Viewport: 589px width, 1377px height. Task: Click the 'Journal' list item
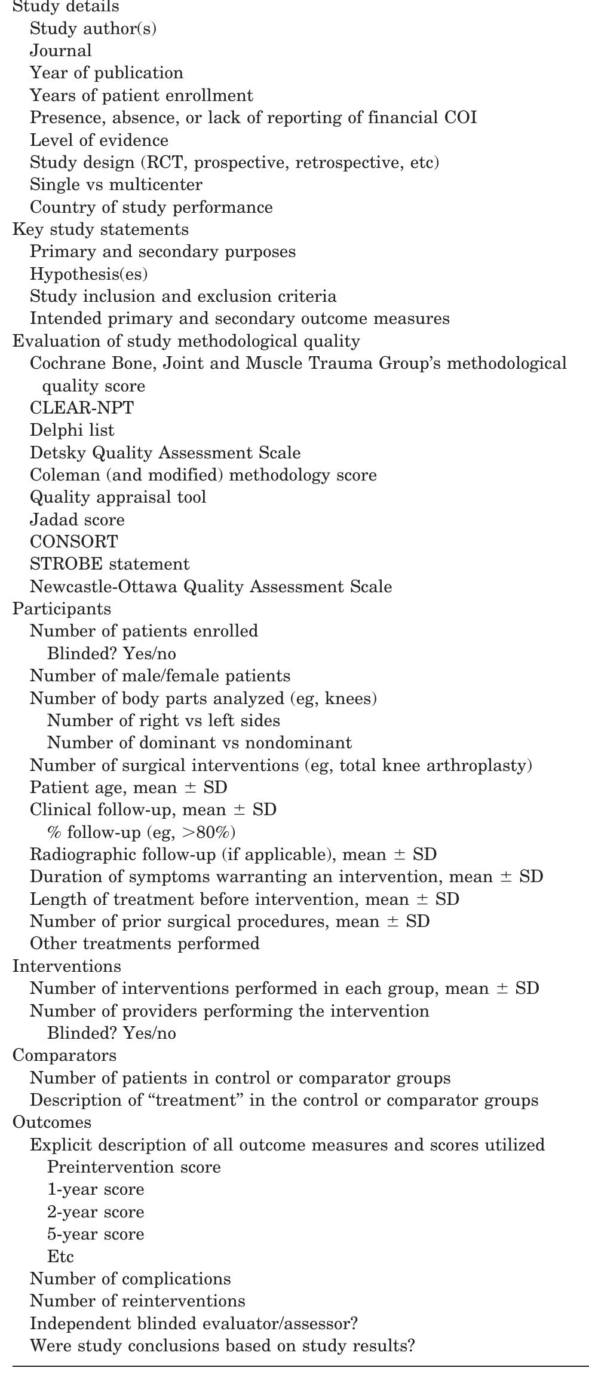coord(61,51)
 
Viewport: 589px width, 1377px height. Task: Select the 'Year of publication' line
coord(106,73)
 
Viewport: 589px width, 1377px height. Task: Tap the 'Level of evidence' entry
coord(99,140)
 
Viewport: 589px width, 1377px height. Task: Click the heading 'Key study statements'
coord(100,229)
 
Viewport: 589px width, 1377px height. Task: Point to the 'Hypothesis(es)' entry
coord(88,274)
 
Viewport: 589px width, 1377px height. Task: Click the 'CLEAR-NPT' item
coord(82,408)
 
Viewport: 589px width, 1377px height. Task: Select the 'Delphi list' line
coord(72,430)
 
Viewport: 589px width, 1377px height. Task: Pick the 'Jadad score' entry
coord(77,519)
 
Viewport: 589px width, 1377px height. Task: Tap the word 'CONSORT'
coord(74,542)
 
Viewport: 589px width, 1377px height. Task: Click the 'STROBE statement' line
coord(109,564)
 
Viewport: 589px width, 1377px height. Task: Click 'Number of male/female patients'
coord(160,676)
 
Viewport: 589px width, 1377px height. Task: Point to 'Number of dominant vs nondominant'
coord(200,743)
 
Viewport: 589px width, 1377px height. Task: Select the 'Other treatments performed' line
coord(145,944)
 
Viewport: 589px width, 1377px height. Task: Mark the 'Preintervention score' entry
coord(134,1167)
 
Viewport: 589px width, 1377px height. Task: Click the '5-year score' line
coord(96,1234)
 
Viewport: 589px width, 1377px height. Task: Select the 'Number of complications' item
coord(130,1279)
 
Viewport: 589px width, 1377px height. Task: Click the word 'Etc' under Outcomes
coord(60,1256)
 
